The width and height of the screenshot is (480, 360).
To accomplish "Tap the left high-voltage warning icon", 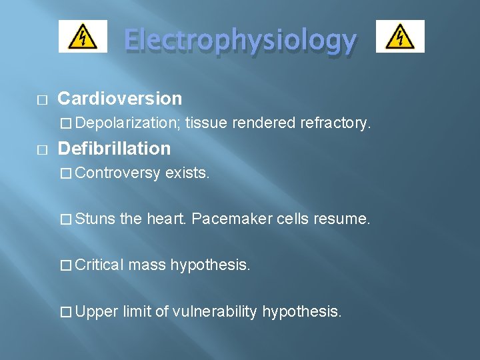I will [x=83, y=36].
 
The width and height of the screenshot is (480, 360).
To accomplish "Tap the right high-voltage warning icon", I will [x=400, y=36].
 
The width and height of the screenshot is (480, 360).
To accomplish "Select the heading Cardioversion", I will [x=120, y=99].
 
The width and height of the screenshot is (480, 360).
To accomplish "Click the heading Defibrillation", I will [x=114, y=148].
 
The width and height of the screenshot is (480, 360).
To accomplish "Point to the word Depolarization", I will [x=127, y=123].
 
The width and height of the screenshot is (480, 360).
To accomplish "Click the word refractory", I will [x=335, y=123].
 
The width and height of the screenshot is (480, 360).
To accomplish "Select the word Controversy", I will [x=118, y=173].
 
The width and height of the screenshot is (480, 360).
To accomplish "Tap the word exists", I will [x=187, y=173].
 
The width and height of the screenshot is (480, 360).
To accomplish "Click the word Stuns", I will [x=96, y=219].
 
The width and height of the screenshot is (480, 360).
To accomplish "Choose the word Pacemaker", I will [x=231, y=219].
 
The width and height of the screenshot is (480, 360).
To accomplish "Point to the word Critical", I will [x=99, y=265].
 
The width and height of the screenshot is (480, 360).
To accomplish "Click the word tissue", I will [x=206, y=123].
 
